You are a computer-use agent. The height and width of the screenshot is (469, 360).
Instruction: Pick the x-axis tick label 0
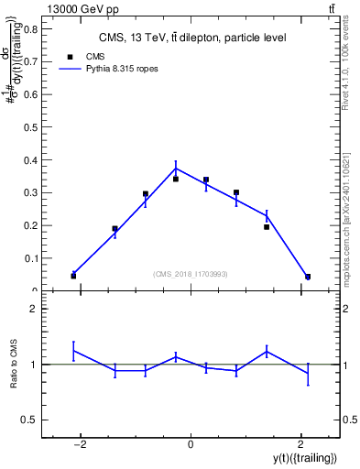tap(191, 445)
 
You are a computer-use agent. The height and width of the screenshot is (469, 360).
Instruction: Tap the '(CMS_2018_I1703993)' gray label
tap(191, 274)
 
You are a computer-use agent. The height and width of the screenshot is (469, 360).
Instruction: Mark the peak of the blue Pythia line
tap(176, 168)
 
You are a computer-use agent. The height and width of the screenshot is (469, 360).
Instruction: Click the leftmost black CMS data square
tap(73, 276)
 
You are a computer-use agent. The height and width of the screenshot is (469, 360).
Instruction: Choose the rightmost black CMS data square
tap(308, 277)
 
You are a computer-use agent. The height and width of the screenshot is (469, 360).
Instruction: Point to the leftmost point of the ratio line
tap(73, 350)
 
